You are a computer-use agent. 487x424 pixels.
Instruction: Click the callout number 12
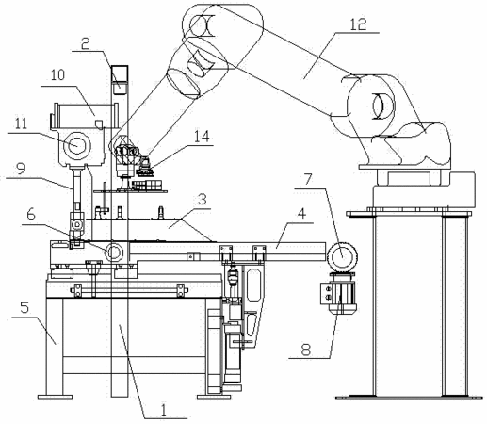359,24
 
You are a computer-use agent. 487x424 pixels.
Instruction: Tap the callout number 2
85,43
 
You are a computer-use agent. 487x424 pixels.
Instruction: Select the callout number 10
57,75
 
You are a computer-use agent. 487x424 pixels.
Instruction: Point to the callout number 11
22,123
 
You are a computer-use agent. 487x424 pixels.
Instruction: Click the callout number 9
21,170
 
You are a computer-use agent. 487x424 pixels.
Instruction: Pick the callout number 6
31,215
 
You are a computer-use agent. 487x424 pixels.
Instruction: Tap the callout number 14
202,137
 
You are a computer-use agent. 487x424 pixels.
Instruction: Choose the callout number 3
203,200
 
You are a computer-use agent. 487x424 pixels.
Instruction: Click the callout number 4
301,214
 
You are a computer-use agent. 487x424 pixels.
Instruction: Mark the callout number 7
308,179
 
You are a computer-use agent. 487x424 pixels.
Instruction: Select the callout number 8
306,350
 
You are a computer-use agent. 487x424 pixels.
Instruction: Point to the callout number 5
24,307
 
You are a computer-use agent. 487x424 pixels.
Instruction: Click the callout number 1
163,410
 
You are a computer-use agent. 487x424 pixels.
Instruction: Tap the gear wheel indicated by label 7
342,255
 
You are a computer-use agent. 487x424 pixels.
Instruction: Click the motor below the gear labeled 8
342,293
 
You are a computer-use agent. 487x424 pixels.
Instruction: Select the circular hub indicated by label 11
76,145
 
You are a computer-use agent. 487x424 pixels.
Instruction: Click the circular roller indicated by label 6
114,252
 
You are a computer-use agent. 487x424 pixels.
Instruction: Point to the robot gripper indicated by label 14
145,168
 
